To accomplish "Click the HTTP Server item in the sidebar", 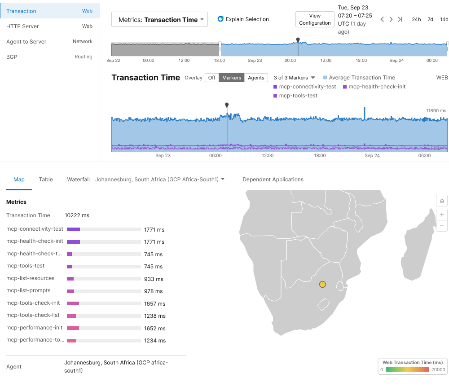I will [22, 26].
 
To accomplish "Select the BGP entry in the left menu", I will [12, 57].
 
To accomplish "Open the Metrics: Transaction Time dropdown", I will [159, 20].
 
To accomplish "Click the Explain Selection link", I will [243, 19].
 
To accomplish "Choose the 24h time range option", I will [416, 19].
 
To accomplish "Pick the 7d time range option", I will [430, 19].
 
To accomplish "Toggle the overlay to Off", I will [212, 78].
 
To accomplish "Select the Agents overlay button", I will [256, 78].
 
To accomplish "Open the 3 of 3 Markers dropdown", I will [294, 78].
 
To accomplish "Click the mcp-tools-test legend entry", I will [298, 96].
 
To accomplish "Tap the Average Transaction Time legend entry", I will [361, 78].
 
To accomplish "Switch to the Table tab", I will [46, 180].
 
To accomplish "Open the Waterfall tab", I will [78, 180].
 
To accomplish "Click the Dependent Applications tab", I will [273, 180].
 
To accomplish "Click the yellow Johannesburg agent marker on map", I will [322, 284].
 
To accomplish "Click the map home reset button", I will [442, 201].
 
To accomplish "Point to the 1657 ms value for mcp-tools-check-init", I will [154, 303].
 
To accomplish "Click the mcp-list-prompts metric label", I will [28, 291].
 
